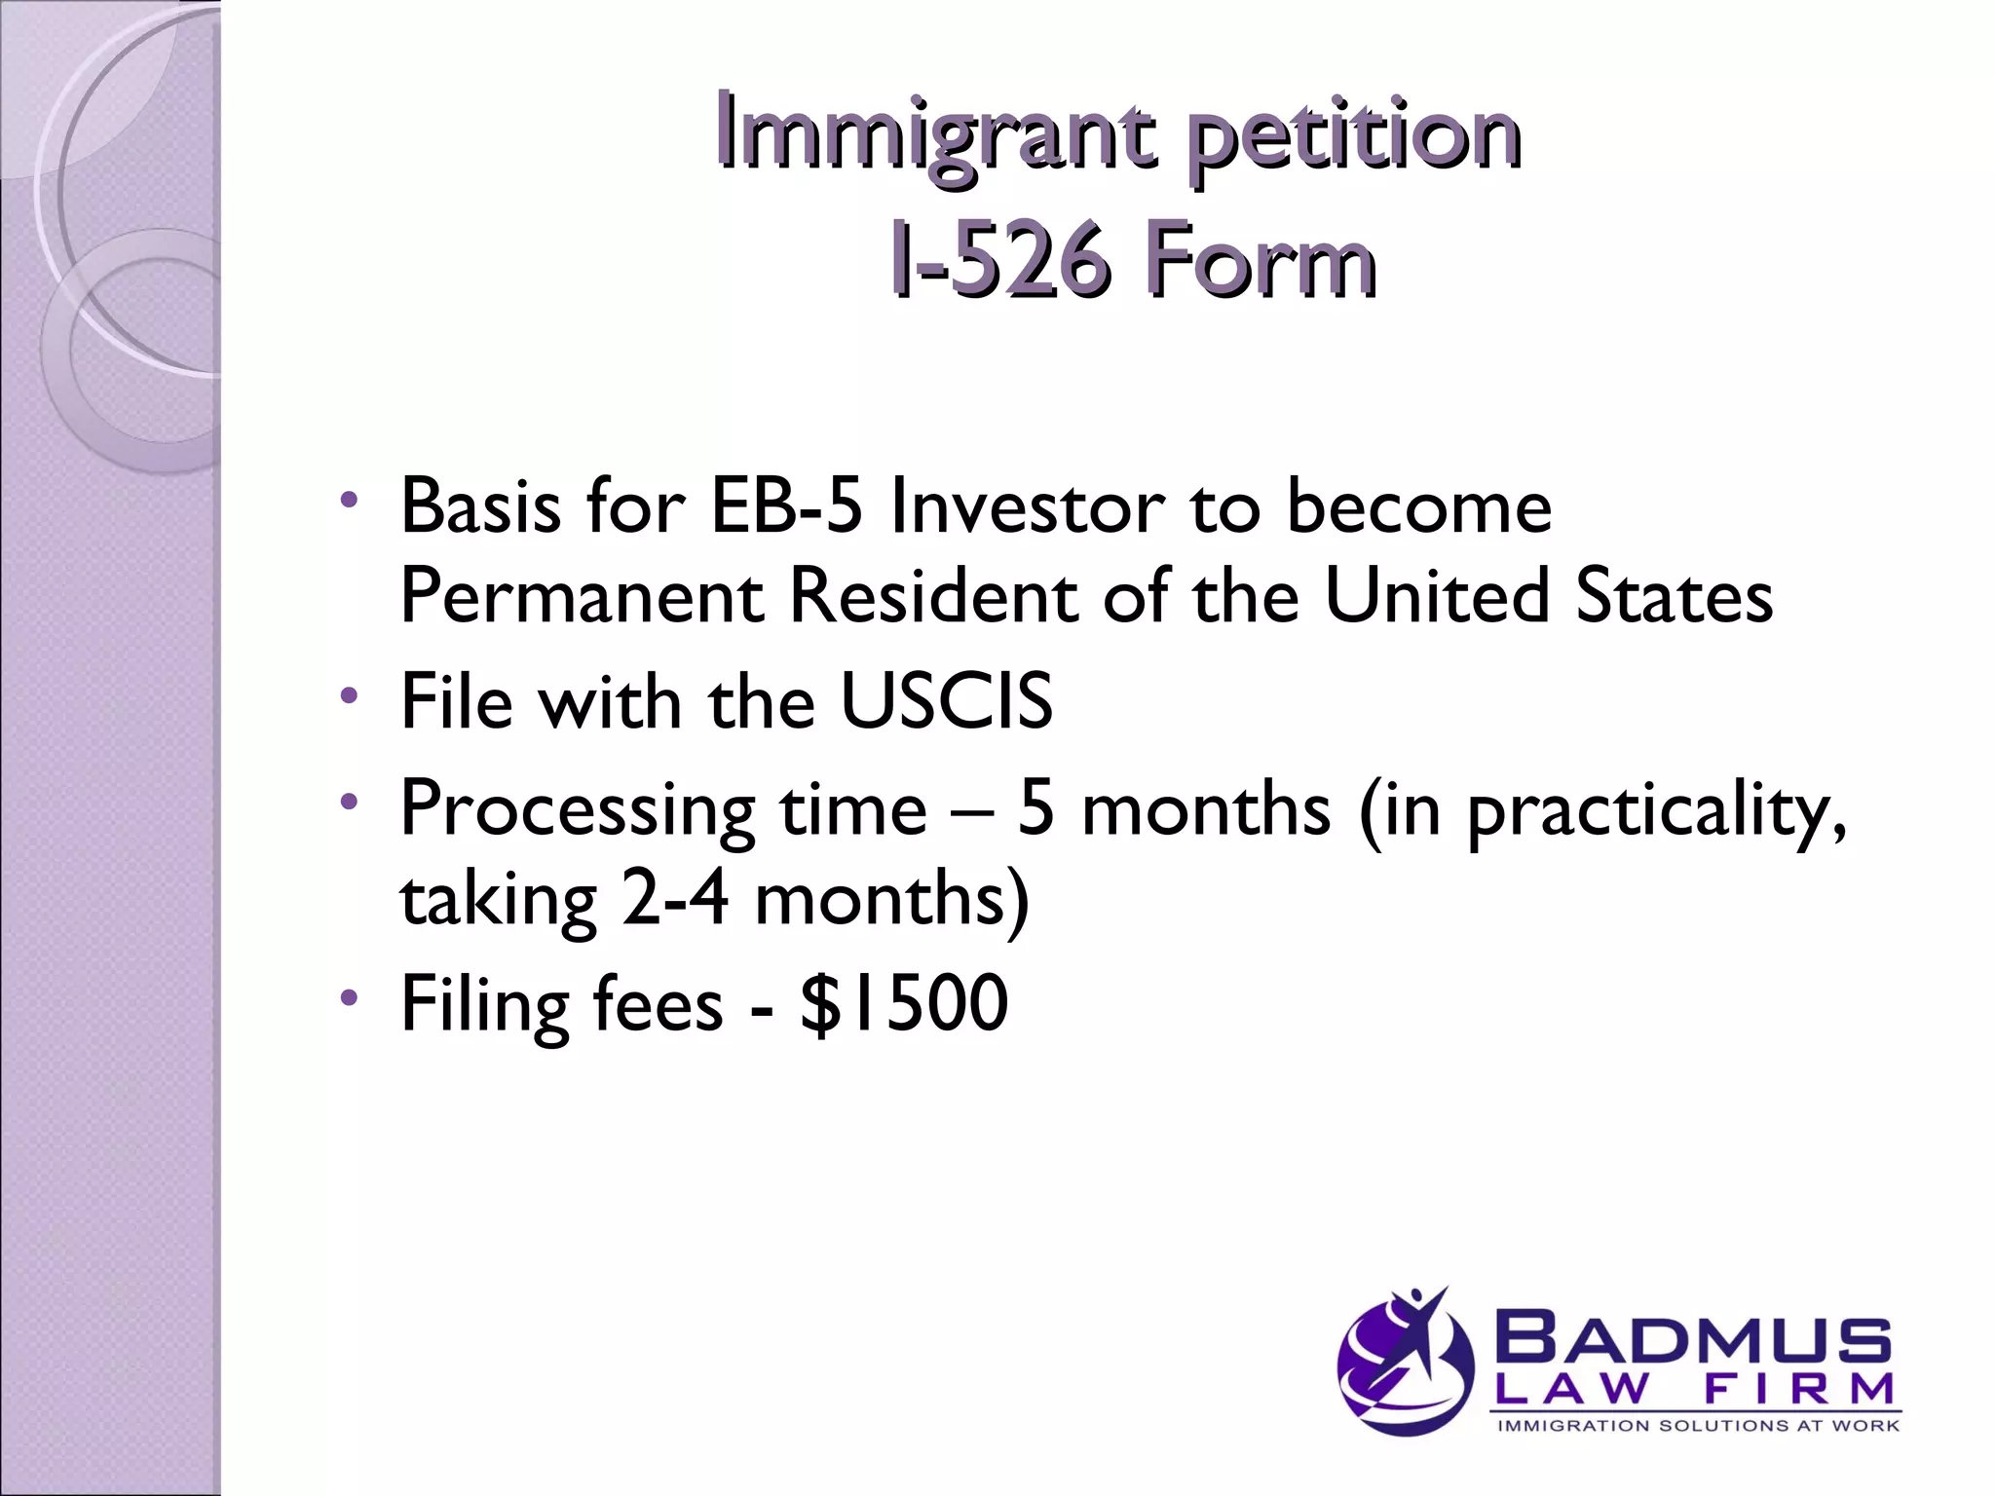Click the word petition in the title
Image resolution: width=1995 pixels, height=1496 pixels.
[1352, 136]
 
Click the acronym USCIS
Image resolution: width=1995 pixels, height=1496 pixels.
[946, 701]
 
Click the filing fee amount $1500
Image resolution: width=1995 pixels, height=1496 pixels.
[903, 1003]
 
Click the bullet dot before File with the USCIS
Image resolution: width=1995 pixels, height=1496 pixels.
[349, 695]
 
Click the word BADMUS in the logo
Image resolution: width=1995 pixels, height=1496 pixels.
[1696, 1341]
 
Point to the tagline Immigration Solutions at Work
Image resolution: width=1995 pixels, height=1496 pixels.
[1697, 1426]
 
